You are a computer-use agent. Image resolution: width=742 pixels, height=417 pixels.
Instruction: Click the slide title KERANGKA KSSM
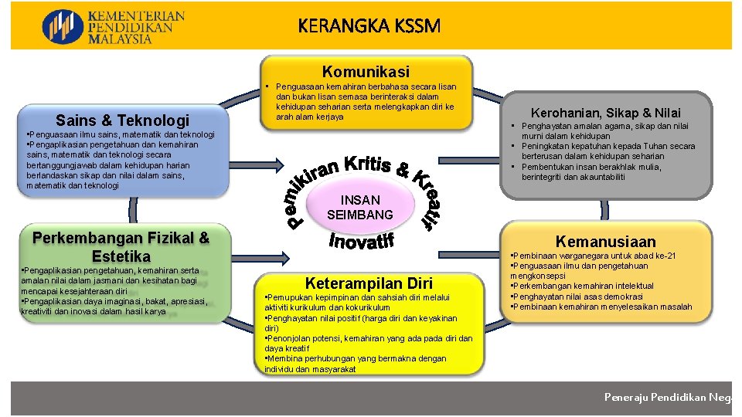point(369,26)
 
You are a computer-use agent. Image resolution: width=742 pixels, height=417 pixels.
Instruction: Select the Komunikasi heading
point(366,71)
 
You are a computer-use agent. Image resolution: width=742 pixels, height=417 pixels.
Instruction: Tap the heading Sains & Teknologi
point(123,120)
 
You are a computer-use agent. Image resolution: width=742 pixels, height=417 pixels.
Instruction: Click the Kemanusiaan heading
point(606,242)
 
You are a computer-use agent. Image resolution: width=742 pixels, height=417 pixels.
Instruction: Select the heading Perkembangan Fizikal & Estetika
point(121,246)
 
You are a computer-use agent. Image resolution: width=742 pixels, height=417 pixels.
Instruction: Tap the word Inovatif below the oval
point(362,242)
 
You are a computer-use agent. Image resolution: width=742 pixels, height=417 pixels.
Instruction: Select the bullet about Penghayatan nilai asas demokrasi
point(576,297)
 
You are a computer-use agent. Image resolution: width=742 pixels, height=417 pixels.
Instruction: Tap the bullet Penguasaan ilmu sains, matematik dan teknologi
point(120,134)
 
